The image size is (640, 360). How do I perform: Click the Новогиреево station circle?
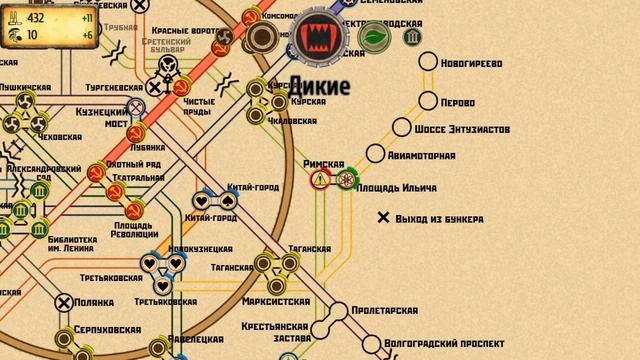tap(426, 62)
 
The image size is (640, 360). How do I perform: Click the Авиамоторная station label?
tap(424, 156)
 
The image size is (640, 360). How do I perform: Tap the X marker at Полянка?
tap(64, 301)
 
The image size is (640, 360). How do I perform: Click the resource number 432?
tap(36, 18)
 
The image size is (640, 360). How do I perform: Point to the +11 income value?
tap(86, 18)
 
